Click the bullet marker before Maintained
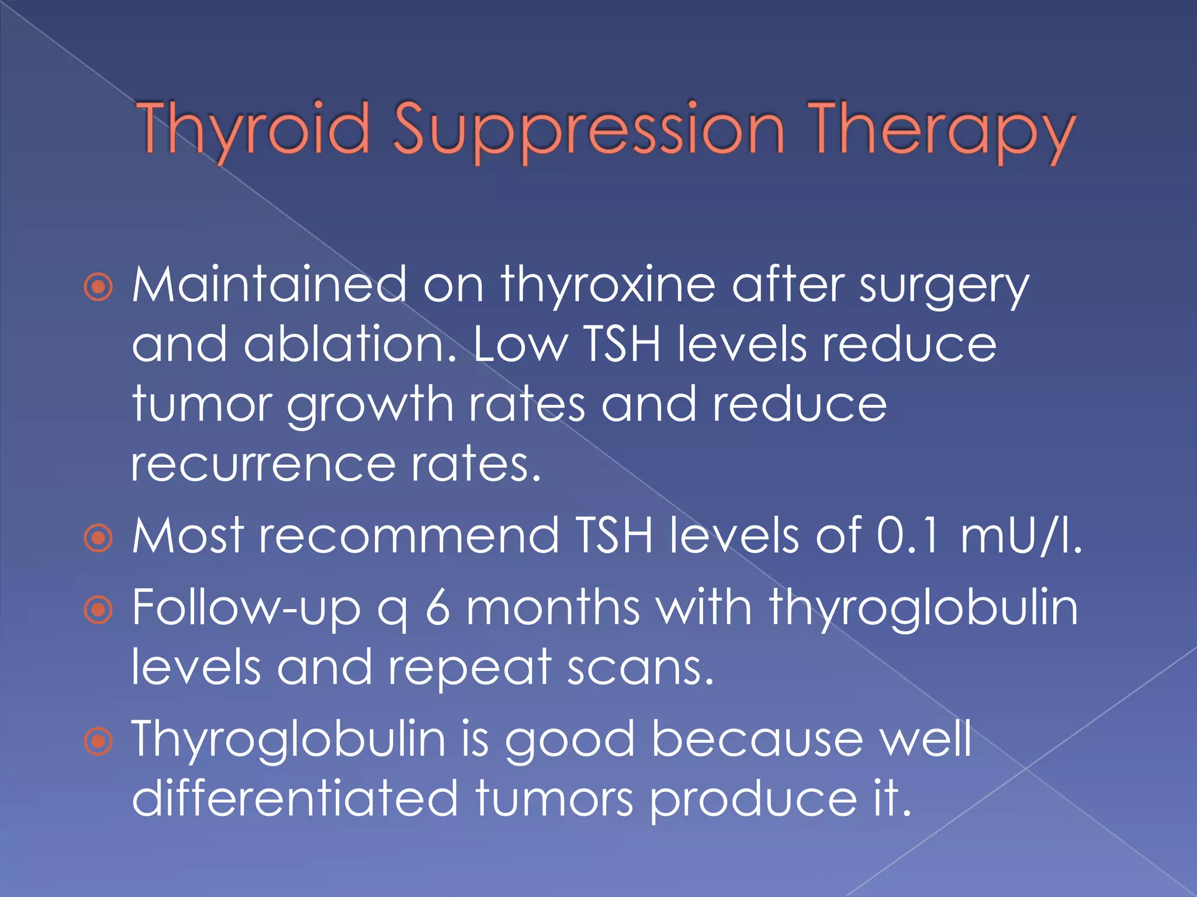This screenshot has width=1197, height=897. coord(98,287)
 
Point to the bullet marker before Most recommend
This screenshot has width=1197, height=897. coord(98,538)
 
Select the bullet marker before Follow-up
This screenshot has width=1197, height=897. coord(98,610)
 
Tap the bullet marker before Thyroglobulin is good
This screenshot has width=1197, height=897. coord(98,741)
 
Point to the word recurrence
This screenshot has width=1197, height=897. coord(263,465)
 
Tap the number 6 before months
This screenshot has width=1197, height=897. coord(438,607)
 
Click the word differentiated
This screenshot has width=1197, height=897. coord(295,799)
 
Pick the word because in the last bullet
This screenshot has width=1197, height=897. coord(757,739)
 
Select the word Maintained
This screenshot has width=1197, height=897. coord(269,285)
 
